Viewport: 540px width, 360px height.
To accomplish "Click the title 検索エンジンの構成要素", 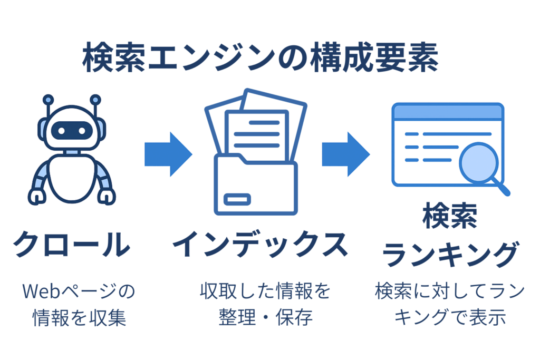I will click(260, 59).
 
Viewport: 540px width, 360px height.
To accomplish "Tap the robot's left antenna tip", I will click(48, 99).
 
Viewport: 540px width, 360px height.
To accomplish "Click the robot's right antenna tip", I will click(95, 99).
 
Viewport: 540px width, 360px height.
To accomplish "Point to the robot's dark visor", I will click(72, 129).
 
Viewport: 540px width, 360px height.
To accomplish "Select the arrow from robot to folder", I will click(168, 153).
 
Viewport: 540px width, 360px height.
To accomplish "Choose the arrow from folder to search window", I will click(345, 153).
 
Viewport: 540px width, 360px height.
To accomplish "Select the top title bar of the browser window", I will click(448, 111).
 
